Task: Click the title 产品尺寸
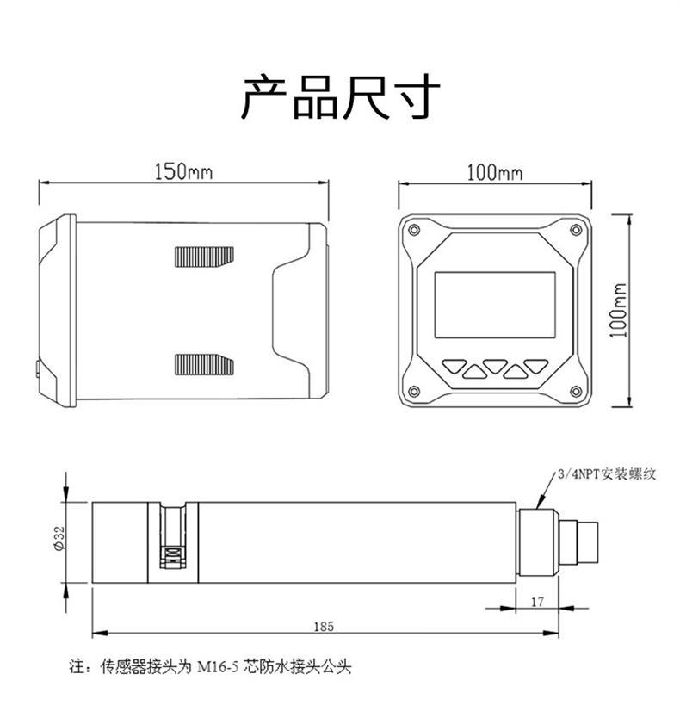coord(339,96)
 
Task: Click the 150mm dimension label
coord(183,170)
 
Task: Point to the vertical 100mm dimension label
coord(618,310)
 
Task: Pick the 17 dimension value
coord(538,603)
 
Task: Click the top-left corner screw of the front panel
coord(415,231)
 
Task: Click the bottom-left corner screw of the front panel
coord(415,393)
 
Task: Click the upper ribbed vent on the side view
coord(203,257)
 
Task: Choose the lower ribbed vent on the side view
coord(203,364)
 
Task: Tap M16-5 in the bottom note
coord(220,666)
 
